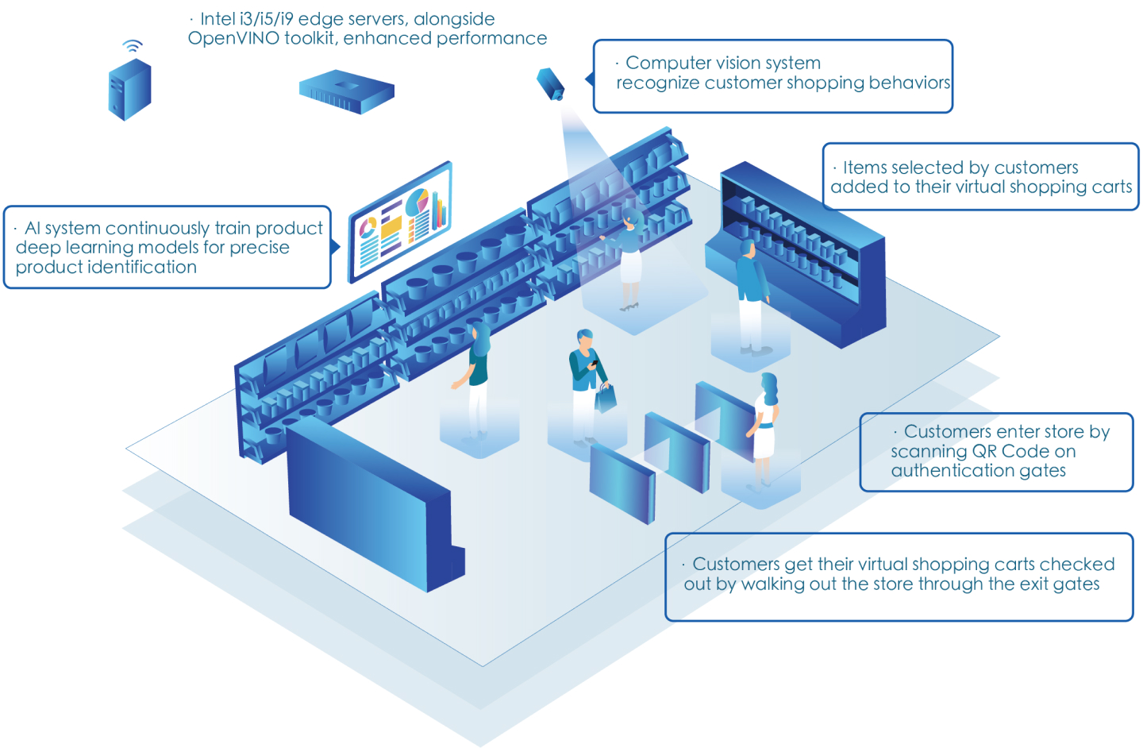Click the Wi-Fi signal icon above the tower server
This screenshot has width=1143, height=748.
coord(133,46)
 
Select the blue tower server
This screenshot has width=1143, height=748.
coord(129,90)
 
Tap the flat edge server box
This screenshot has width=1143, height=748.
coord(346,91)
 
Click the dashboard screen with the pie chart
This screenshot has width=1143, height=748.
coord(401,222)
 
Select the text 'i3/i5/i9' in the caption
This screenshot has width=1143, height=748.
coord(266,18)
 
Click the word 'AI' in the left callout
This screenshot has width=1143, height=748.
coord(32,228)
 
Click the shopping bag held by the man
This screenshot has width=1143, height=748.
coord(606,398)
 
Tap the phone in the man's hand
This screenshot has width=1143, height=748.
coord(594,363)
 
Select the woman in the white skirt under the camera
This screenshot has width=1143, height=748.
coord(629,258)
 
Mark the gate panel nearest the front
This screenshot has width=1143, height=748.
coord(622,481)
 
